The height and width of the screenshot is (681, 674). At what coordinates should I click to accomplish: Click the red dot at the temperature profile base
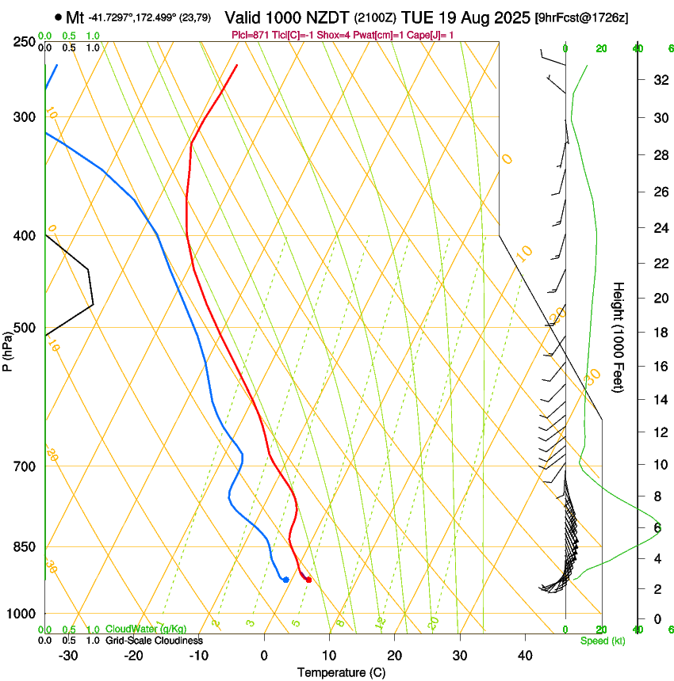(x=308, y=580)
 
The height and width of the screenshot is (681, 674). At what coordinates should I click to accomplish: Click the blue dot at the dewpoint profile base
(x=285, y=580)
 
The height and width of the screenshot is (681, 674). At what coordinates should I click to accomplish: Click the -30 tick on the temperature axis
(x=68, y=655)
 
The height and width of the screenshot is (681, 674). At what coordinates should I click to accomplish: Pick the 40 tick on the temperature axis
(x=524, y=655)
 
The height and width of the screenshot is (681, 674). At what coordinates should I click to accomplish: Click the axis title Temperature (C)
(x=343, y=672)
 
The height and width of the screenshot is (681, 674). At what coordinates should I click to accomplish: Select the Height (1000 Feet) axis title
(x=619, y=337)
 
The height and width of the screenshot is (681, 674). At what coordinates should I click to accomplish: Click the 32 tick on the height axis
(x=658, y=79)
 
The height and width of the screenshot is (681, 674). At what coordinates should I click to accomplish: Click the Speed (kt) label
(x=602, y=641)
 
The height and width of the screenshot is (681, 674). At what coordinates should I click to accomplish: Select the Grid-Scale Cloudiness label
(x=155, y=641)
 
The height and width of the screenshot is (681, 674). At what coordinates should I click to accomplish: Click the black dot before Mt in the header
(x=58, y=17)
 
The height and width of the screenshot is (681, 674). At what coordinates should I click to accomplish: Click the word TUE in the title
(x=417, y=17)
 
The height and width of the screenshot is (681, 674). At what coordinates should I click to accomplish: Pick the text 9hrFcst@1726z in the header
(x=582, y=17)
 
